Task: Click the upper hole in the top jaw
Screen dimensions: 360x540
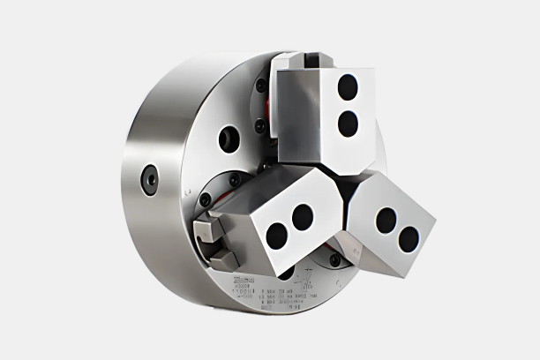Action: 349,86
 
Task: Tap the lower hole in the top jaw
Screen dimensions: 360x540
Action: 348,124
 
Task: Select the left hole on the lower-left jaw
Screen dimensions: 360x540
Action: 277,236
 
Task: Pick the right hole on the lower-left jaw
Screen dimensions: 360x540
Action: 303,216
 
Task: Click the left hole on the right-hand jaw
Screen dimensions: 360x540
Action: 386,220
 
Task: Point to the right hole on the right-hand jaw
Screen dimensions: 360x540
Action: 409,238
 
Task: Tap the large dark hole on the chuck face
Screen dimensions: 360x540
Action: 229,139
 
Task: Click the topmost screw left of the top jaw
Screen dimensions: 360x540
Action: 261,85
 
